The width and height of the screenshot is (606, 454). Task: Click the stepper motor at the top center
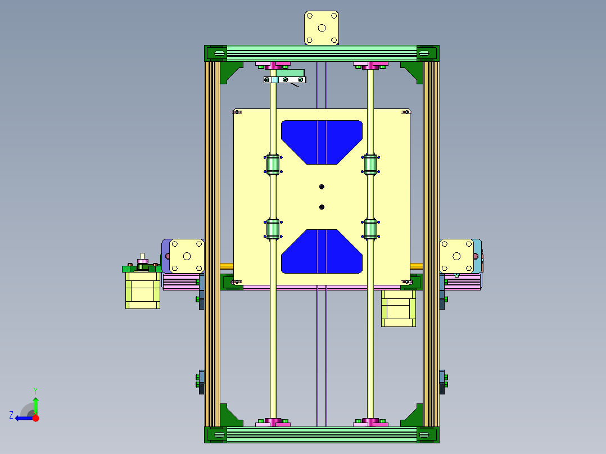click(322, 28)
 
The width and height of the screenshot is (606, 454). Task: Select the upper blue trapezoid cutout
click(322, 140)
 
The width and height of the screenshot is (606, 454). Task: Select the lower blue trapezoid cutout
click(322, 252)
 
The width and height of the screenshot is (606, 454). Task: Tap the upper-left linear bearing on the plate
click(273, 165)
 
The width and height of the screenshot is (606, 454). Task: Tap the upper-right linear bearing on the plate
click(370, 165)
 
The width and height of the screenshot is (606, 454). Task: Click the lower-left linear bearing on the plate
click(273, 229)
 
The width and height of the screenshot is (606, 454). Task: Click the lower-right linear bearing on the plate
click(370, 229)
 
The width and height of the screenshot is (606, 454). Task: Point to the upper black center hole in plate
click(322, 187)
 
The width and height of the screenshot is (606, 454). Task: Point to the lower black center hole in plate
click(322, 207)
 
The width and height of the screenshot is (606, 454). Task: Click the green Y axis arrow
click(35, 403)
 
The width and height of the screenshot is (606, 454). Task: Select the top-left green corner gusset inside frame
click(229, 71)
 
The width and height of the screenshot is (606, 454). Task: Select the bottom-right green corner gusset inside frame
click(414, 416)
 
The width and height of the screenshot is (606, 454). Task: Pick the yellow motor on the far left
click(142, 290)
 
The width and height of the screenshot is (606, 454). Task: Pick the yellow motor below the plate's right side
click(399, 308)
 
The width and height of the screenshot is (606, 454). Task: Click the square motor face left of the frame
click(187, 256)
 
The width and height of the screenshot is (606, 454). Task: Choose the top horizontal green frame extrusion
click(322, 53)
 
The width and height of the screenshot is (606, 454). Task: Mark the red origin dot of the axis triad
click(35, 418)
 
